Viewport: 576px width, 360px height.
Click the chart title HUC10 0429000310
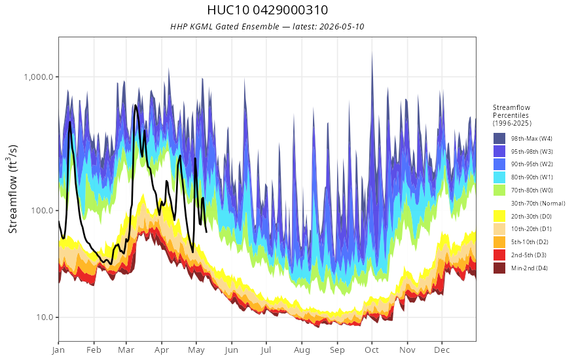tap(268, 10)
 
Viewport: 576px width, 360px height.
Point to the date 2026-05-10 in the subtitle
tap(342, 26)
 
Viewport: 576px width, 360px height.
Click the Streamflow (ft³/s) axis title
tap(12, 189)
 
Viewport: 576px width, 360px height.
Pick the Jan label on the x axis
tap(58, 350)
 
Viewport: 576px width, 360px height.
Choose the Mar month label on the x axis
tap(126, 350)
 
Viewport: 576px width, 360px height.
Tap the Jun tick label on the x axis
tap(232, 350)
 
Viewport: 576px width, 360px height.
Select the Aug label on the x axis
tap(302, 350)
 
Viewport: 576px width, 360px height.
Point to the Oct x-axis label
tap(372, 350)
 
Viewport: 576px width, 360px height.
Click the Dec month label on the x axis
tap(442, 350)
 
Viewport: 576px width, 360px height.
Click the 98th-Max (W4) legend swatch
tap(499, 139)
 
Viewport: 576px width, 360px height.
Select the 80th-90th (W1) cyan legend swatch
tap(499, 177)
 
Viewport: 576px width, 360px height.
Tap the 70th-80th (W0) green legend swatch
tap(499, 190)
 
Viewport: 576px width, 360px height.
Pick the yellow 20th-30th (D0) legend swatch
tap(499, 216)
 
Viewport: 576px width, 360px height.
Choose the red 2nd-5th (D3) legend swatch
tap(499, 255)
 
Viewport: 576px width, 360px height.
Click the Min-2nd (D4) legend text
tap(530, 268)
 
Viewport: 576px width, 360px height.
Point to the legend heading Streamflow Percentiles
tap(512, 111)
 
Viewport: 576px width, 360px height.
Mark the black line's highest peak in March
tap(135, 105)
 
